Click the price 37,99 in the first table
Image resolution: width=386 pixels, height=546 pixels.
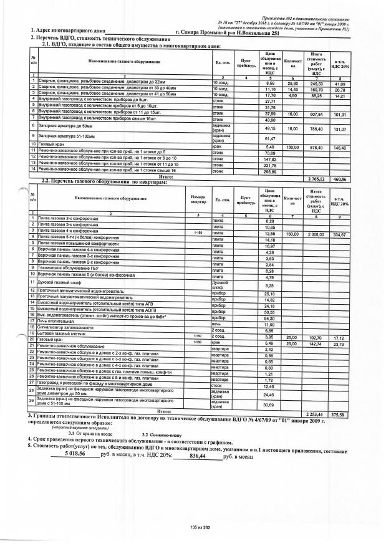pos(270,115)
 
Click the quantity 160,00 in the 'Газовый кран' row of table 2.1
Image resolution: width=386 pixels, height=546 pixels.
pos(292,147)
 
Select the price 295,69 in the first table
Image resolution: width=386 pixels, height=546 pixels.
pos(270,170)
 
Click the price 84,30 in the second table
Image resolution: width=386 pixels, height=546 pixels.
pos(269,318)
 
